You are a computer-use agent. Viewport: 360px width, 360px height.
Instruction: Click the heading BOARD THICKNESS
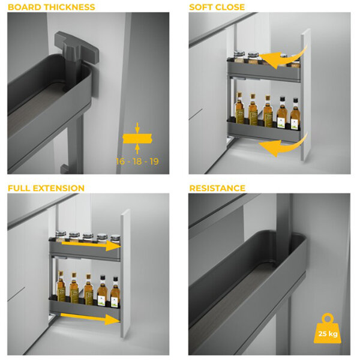[x=52, y=7]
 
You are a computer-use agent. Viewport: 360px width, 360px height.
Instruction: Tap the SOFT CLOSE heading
[x=217, y=7]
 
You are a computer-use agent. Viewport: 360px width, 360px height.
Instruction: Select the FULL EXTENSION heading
[x=46, y=188]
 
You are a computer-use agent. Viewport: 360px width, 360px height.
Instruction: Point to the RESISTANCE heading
[x=217, y=188]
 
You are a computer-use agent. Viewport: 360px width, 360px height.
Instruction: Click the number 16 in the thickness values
[x=121, y=161]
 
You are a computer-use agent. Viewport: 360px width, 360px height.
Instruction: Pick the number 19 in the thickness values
[x=154, y=161]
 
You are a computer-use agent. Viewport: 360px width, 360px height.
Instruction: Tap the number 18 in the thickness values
[x=137, y=161]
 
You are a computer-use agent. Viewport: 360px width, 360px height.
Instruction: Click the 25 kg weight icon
[x=328, y=329]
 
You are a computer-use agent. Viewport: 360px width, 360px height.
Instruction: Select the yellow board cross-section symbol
[x=137, y=139]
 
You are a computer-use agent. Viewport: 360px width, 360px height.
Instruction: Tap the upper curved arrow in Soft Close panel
[x=284, y=58]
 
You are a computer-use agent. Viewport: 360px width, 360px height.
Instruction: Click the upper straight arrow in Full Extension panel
[x=91, y=245]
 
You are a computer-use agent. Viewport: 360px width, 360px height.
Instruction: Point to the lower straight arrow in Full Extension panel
[x=91, y=318]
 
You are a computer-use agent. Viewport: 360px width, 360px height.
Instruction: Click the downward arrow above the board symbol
[x=137, y=128]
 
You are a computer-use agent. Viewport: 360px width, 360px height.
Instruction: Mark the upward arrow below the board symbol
[x=137, y=149]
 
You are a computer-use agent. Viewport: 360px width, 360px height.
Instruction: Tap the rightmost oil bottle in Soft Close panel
[x=295, y=114]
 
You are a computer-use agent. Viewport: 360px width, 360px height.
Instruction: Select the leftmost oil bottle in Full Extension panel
[x=61, y=286]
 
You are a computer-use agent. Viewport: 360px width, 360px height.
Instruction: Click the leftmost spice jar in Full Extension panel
[x=61, y=236]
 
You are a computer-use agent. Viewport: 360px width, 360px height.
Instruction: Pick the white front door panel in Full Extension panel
[x=125, y=273]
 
